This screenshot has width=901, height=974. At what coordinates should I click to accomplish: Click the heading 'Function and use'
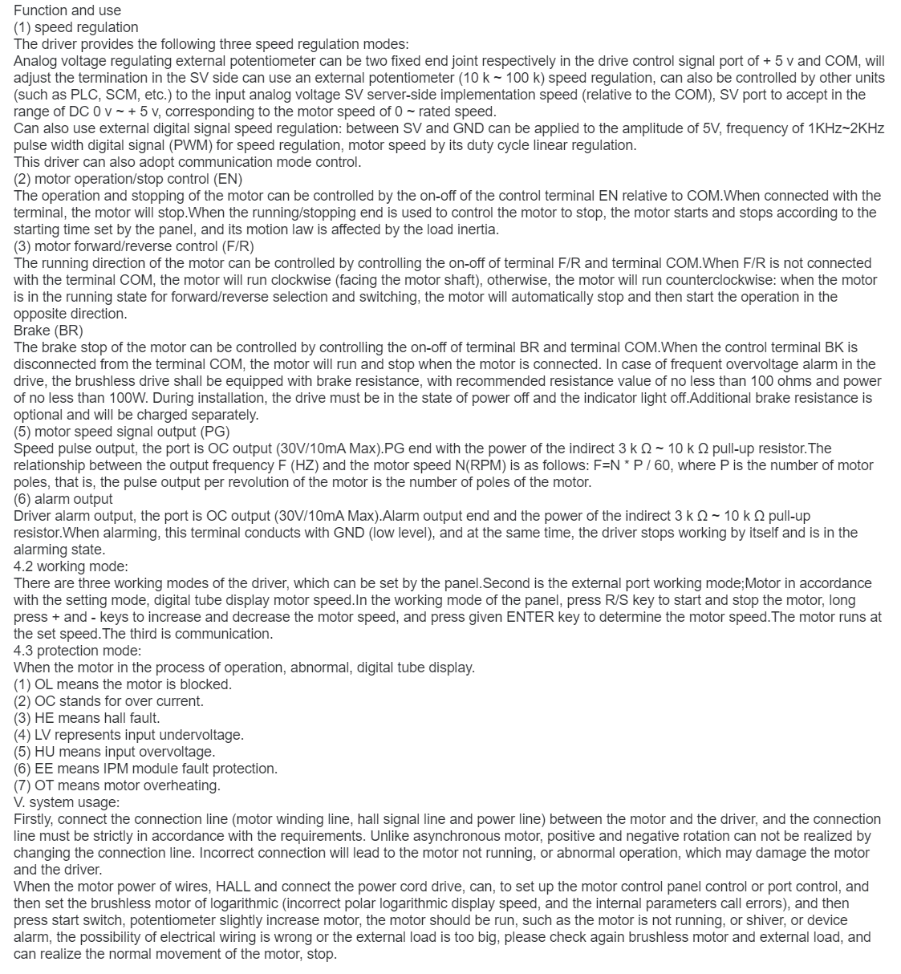(x=67, y=10)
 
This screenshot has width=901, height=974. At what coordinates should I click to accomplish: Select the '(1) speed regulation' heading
(x=76, y=27)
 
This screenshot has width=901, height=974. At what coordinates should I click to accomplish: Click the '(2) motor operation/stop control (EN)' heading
(x=128, y=179)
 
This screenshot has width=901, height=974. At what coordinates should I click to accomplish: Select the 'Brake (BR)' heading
(x=48, y=331)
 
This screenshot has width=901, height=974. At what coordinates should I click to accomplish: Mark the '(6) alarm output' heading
(x=63, y=499)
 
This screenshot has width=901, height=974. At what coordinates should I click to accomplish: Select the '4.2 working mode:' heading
(x=71, y=566)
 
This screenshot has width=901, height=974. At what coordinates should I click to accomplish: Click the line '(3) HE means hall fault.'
(x=87, y=718)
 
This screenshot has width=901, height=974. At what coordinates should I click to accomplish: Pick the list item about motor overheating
(x=117, y=785)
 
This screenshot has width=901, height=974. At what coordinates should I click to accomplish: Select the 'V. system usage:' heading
(x=67, y=802)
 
